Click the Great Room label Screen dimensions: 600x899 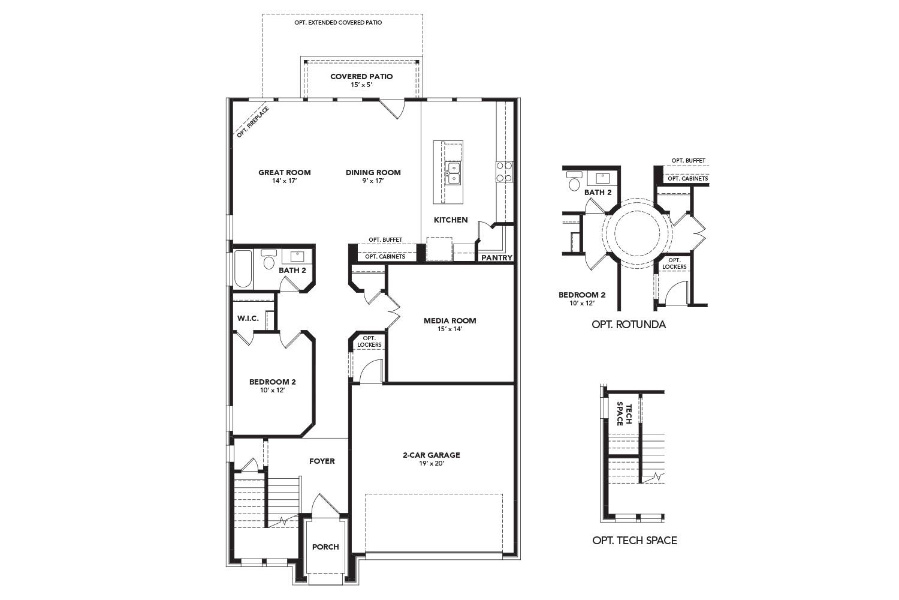point(284,172)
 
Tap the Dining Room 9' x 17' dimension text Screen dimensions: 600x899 point(373,181)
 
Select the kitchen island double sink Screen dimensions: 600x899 point(453,173)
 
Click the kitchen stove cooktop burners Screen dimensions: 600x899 point(504,172)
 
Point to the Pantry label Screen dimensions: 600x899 point(497,258)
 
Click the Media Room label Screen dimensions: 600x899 point(450,320)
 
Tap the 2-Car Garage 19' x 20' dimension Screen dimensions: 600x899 point(431,463)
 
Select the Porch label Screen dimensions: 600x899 point(325,547)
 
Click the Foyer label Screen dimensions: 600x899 point(322,461)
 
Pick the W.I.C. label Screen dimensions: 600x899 point(248,318)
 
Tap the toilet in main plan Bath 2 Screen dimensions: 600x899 point(269,260)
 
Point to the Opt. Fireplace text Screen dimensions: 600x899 point(252,122)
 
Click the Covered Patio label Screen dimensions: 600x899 point(361,76)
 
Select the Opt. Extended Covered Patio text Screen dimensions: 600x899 point(338,22)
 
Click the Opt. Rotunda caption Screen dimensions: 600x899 point(628,325)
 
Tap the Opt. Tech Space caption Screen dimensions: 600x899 point(634,540)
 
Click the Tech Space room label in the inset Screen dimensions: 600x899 point(625,414)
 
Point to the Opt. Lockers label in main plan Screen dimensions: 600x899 point(369,341)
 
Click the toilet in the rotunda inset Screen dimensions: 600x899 point(575,182)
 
